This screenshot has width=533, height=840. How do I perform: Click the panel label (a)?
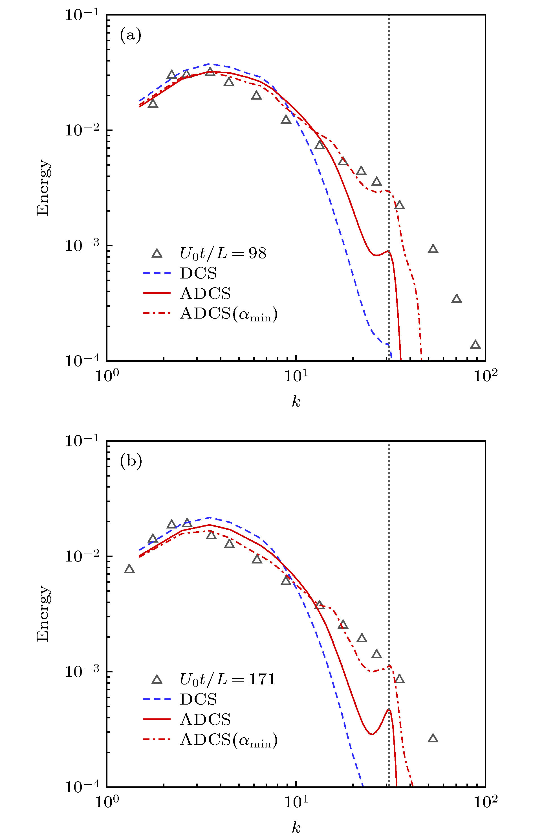click(130, 36)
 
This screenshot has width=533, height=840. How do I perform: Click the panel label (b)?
click(131, 462)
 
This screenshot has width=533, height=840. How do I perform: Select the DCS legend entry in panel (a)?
click(198, 273)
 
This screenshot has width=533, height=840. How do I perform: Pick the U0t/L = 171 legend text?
click(227, 679)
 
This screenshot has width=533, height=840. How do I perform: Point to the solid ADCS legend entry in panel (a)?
click(205, 293)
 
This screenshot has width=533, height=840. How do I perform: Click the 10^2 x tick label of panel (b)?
click(486, 802)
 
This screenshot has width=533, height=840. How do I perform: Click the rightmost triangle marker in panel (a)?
click(475, 345)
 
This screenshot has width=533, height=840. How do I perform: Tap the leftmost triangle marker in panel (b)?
click(129, 569)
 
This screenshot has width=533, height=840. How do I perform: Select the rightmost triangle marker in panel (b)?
click(433, 738)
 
